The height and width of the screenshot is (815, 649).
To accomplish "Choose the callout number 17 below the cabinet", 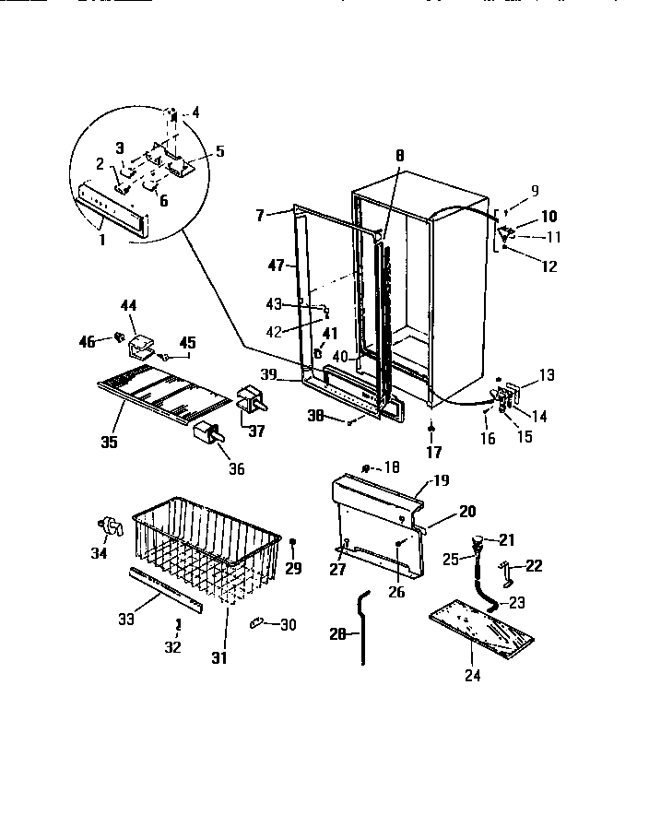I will pos(433,452).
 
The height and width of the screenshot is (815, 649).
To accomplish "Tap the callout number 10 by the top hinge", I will pos(549,217).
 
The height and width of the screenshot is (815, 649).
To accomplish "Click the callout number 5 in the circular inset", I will pos(219,150).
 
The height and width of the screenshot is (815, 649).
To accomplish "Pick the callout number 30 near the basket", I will pos(288,625).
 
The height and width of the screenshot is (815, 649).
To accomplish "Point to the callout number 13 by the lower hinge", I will pos(548,374).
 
